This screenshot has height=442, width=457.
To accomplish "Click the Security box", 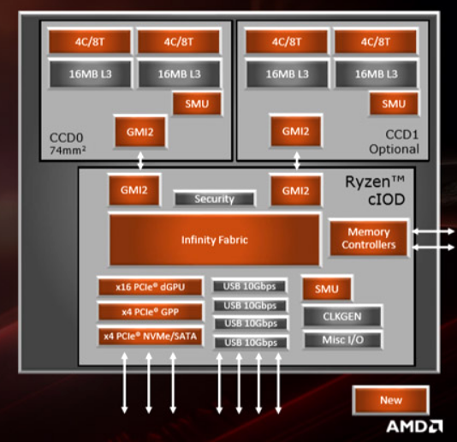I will click(214, 199).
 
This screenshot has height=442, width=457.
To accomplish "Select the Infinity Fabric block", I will click(214, 241).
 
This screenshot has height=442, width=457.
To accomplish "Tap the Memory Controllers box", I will click(369, 238).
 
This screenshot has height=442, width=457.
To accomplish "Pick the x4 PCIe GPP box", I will click(150, 312).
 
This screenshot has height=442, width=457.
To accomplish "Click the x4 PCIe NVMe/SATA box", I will click(150, 337).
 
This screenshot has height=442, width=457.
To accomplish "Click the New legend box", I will click(390, 400).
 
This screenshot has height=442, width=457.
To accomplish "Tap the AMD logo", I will click(414, 426).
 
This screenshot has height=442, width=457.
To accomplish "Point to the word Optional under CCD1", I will click(395, 149).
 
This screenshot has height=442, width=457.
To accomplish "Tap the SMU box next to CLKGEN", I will click(327, 289).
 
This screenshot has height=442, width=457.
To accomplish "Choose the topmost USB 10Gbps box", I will click(249, 286).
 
